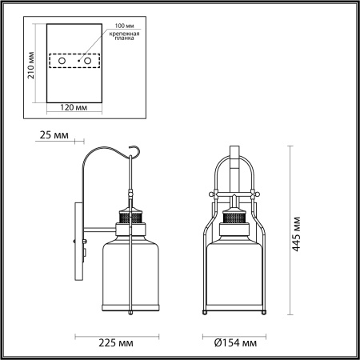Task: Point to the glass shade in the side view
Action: click(x=129, y=276)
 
